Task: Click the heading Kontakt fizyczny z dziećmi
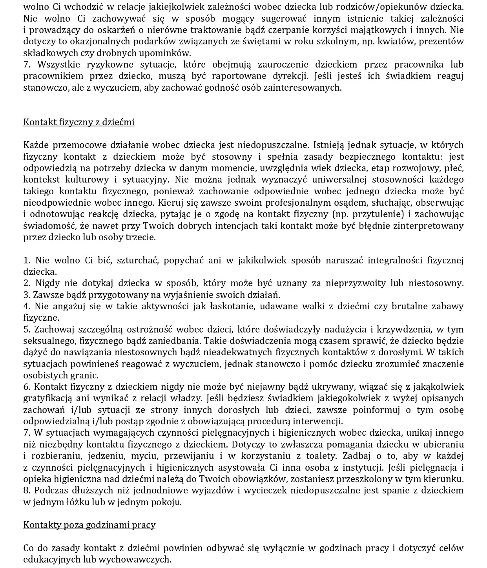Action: [78, 122]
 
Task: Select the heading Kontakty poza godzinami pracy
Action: [89, 525]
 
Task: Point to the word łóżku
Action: [66, 502]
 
